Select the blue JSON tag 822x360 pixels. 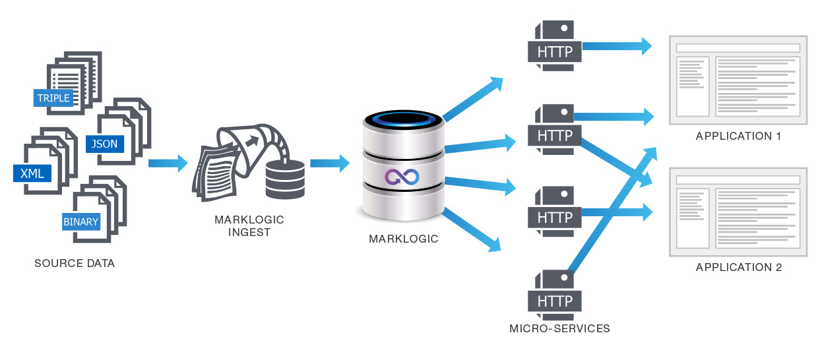tap(105, 142)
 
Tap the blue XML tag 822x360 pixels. tap(32, 173)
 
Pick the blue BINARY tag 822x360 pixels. tap(81, 222)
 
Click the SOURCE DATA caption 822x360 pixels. tap(75, 264)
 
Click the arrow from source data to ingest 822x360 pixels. tap(168, 163)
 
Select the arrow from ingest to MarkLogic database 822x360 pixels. tap(329, 163)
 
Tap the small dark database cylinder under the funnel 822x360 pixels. tap(285, 179)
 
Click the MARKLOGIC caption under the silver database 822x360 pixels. tap(403, 239)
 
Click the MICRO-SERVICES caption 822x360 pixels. tap(559, 328)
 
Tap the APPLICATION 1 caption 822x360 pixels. tap(738, 136)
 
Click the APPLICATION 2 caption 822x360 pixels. tap(738, 267)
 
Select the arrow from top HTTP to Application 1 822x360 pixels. tap(617, 46)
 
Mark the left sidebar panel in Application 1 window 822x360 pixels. tap(692, 85)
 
